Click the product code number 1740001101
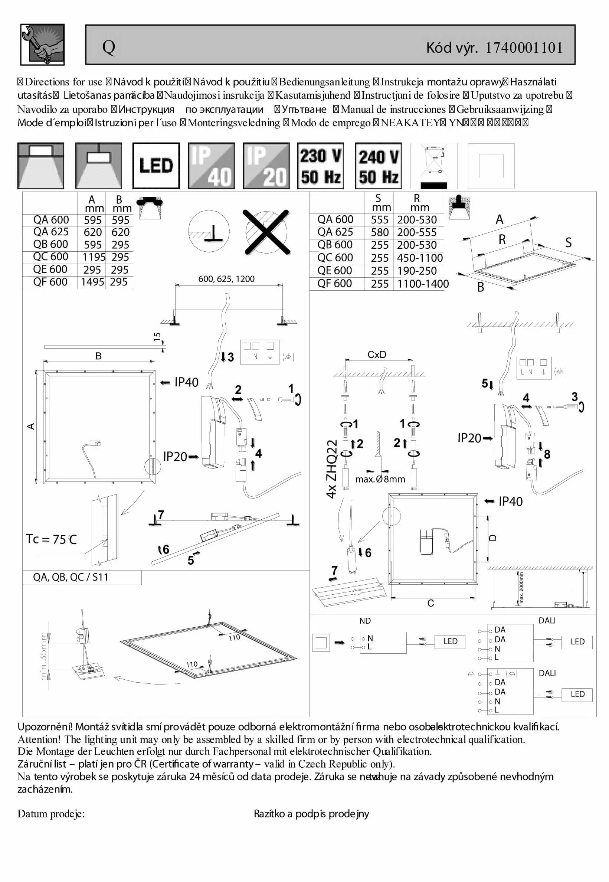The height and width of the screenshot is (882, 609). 524,48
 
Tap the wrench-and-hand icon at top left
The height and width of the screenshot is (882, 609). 42,45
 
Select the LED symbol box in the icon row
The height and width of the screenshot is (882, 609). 156,166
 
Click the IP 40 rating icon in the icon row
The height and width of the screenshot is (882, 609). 212,166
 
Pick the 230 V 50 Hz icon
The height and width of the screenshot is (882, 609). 321,166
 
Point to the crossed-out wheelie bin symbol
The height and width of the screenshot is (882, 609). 434,166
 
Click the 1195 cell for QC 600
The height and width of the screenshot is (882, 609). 92,257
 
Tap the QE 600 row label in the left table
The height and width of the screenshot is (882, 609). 50,269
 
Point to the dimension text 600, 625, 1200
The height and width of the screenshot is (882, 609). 226,279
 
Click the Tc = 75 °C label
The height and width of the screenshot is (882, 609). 52,539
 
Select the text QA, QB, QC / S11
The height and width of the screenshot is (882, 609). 71,577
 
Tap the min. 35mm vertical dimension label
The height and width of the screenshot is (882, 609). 44,656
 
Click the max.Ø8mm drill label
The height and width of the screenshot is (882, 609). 380,479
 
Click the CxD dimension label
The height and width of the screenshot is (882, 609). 377,355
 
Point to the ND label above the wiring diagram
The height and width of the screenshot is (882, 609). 365,621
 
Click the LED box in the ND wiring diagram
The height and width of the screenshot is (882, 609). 450,641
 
